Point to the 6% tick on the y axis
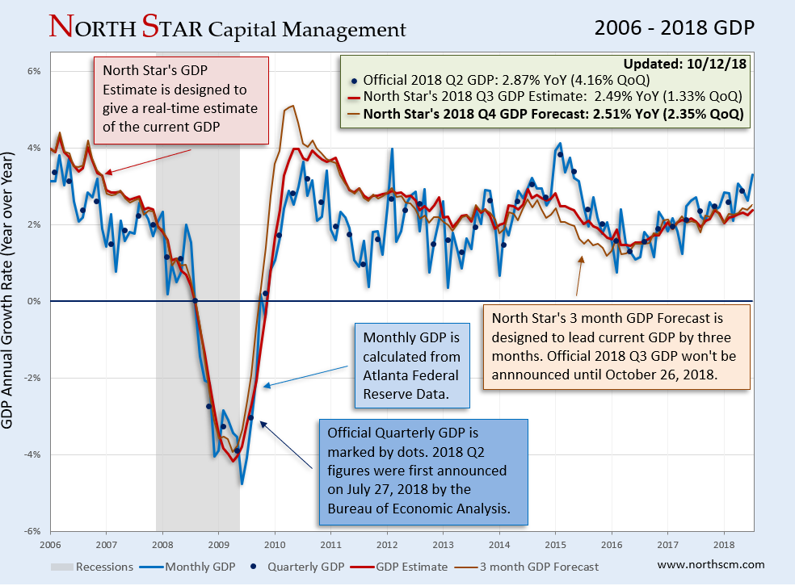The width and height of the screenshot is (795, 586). coord(35,71)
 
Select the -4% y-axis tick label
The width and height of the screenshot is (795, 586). coord(32,454)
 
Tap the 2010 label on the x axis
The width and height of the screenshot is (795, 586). coord(275,545)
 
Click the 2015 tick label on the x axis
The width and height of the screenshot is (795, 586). coord(555,545)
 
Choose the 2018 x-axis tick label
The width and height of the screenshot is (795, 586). coord(723,545)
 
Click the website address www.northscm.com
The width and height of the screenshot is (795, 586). coord(711,565)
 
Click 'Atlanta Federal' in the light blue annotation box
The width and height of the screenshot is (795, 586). coord(410,375)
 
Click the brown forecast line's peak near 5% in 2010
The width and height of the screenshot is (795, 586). coord(289,107)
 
